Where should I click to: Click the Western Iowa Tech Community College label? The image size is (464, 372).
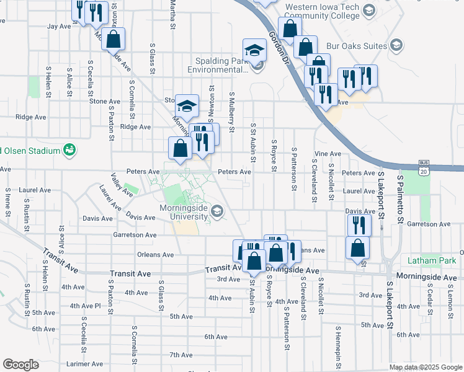[x=322, y=11]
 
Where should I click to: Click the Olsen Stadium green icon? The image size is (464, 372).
[x=70, y=150]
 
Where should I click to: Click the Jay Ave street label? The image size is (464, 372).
[x=60, y=27]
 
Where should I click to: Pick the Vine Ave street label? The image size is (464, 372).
[x=328, y=154]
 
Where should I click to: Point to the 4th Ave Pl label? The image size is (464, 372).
[x=85, y=306]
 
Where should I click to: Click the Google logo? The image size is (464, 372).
[x=20, y=365]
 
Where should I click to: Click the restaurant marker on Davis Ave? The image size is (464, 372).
[x=359, y=224]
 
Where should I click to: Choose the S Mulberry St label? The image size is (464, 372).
[x=231, y=112]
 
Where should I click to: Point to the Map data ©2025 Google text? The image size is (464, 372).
[x=425, y=367]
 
